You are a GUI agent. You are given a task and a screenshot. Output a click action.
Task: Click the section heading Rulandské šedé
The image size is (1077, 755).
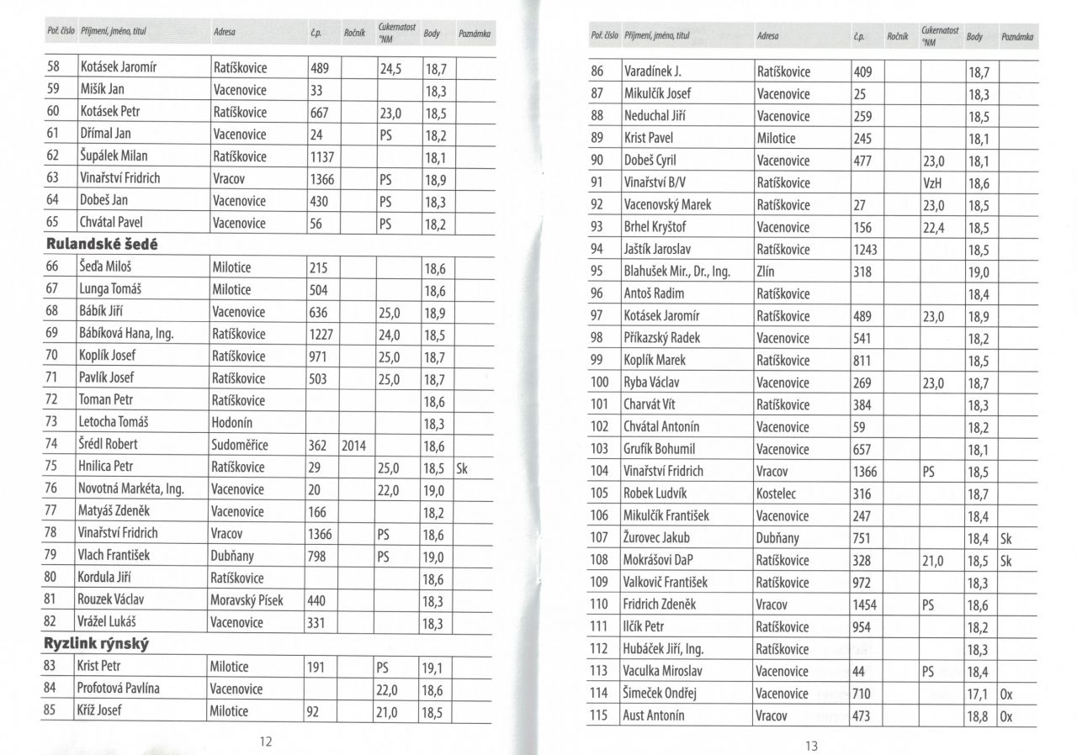pyautogui.click(x=102, y=245)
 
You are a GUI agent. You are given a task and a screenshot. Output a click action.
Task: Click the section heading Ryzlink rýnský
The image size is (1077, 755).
pyautogui.click(x=97, y=644)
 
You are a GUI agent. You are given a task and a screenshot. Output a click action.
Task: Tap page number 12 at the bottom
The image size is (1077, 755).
pyautogui.click(x=266, y=741)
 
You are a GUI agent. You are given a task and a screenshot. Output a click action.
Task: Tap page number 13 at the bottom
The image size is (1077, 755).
pyautogui.click(x=812, y=745)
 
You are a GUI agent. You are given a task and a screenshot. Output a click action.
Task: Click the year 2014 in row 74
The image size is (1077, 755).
pyautogui.click(x=354, y=445)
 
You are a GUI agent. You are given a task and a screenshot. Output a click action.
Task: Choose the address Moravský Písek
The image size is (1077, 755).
pyautogui.click(x=247, y=600)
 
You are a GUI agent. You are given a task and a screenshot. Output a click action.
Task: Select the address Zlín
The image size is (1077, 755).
pyautogui.click(x=767, y=272)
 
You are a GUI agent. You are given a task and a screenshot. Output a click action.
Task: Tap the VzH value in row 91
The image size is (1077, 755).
pyautogui.click(x=932, y=182)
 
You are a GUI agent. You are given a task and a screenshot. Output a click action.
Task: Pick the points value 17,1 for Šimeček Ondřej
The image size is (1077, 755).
pyautogui.click(x=979, y=694)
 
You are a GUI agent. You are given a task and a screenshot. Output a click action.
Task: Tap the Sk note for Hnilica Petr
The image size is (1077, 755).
pyautogui.click(x=461, y=467)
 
